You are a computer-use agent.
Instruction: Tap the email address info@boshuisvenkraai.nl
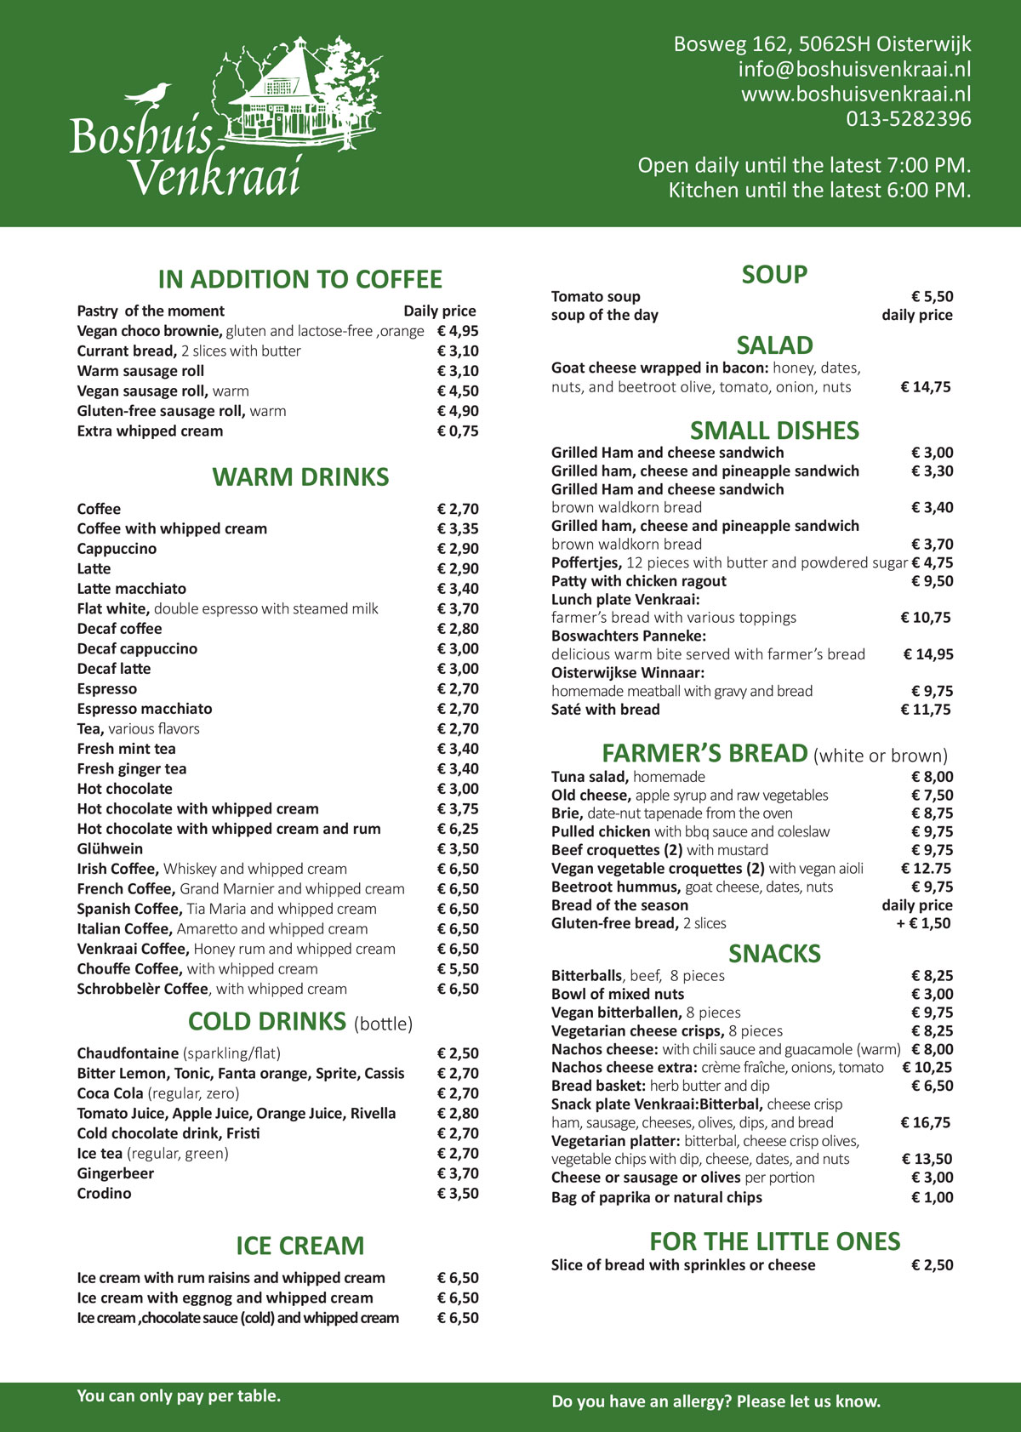[x=854, y=69]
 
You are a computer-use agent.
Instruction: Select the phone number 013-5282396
[x=908, y=118]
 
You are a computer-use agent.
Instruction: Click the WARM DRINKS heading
[x=300, y=477]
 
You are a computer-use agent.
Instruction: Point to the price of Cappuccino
[x=458, y=549]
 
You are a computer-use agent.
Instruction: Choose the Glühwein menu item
[x=110, y=848]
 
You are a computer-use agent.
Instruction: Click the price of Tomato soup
[x=932, y=296]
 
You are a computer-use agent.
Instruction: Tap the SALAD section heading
[x=774, y=345]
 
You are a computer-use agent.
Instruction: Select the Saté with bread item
[x=605, y=710]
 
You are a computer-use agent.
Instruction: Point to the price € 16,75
[x=926, y=1122]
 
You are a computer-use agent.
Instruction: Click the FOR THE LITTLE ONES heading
[x=774, y=1241]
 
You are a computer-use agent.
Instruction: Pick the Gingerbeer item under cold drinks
[x=115, y=1173]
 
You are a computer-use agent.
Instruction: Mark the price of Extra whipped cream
[x=458, y=431]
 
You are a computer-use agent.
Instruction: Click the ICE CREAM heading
[x=299, y=1246]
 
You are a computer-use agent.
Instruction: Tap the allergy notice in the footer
[x=716, y=1401]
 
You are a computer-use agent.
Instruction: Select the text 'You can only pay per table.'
[x=179, y=1395]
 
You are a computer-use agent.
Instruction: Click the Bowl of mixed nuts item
[x=617, y=994]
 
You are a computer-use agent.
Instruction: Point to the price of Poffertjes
[x=932, y=562]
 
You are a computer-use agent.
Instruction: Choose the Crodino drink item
[x=104, y=1193]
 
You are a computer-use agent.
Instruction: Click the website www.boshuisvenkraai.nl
[x=855, y=94]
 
